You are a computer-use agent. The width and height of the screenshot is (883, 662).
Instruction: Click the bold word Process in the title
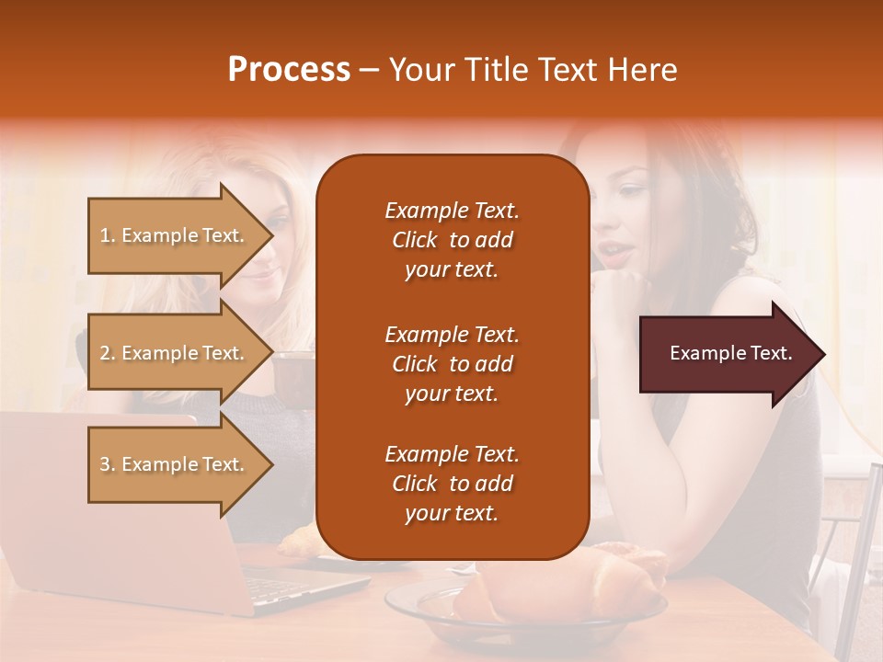[x=289, y=70]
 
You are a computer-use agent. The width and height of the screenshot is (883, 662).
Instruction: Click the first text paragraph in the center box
[x=452, y=240]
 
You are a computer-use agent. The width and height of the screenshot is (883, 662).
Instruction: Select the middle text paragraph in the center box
[x=452, y=363]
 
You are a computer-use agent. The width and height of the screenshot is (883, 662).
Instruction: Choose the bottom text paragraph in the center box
[x=452, y=484]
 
